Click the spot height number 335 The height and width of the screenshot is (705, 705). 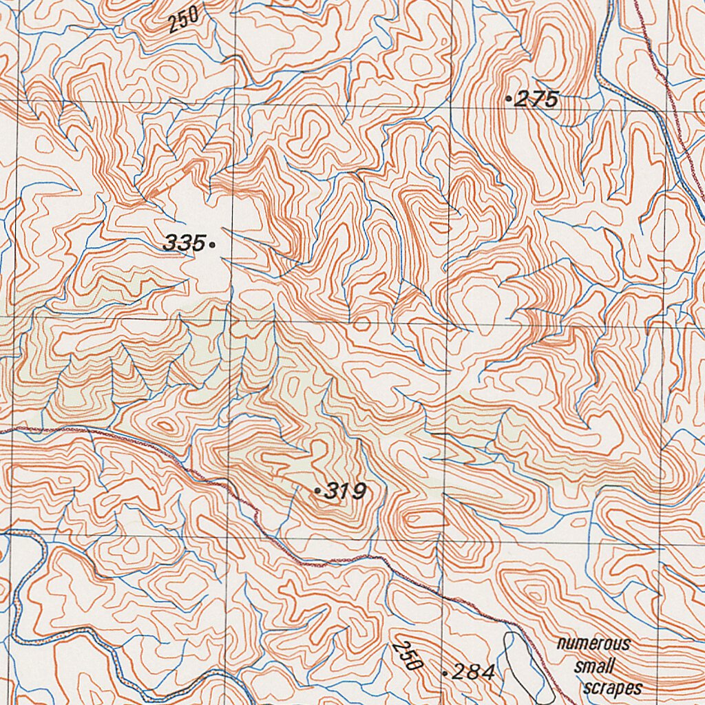tap(184, 243)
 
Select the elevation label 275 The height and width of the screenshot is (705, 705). tap(536, 100)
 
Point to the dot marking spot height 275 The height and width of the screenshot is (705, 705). tap(509, 100)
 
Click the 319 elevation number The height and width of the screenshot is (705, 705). tap(345, 491)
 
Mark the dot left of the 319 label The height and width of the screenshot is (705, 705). tap(317, 491)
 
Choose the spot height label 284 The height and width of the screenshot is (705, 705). tap(474, 673)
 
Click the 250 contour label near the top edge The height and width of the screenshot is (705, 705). tap(184, 19)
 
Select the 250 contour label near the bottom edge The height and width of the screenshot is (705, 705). tap(408, 656)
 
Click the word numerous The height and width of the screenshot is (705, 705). tap(593, 644)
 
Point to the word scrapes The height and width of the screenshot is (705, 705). tap(612, 688)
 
